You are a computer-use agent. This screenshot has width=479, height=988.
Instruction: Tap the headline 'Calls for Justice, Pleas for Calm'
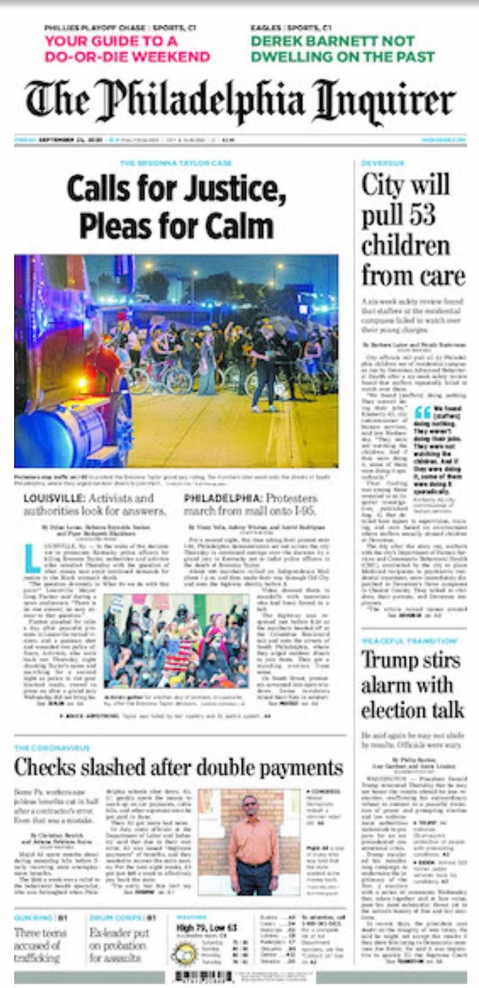(x=177, y=207)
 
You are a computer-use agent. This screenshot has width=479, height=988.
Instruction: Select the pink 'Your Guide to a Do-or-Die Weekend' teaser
(x=127, y=49)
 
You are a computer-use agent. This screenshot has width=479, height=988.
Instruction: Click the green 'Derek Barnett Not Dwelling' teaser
(x=343, y=49)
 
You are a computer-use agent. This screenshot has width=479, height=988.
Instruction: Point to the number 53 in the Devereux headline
(x=420, y=216)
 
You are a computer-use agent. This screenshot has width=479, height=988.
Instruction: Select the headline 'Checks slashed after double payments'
(x=178, y=768)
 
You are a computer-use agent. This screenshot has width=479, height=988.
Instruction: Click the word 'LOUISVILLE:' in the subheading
(x=53, y=498)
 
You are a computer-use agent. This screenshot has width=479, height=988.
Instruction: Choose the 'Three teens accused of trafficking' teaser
(x=40, y=945)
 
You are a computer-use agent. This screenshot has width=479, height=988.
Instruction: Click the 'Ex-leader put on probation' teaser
(x=119, y=945)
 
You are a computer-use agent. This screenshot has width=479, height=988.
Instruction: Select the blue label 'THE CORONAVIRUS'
(x=44, y=748)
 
